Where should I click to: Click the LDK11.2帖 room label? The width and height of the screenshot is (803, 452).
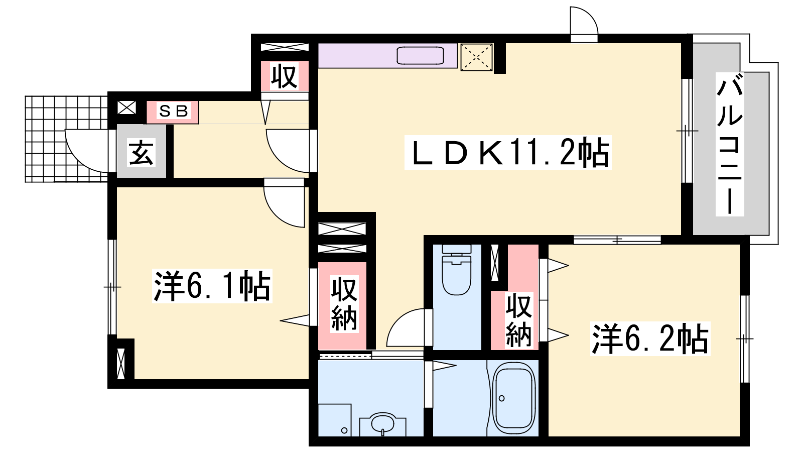coord(508,153)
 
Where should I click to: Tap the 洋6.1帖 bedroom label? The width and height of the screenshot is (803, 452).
coord(212,286)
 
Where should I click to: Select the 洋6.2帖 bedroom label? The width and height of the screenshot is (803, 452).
coord(650,339)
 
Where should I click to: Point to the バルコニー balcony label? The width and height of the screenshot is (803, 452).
coord(729,145)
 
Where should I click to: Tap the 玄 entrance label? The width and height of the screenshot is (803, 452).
coord(142,152)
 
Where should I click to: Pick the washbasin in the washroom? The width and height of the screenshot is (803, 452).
coord(383,424)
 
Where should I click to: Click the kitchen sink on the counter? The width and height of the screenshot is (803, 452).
coord(421,56)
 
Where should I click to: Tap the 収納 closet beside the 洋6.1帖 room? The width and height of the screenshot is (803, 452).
coord(344,304)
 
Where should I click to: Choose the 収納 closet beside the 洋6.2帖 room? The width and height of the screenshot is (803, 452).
coord(518,320)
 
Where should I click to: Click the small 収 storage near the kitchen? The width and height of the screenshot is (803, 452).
coord(284,76)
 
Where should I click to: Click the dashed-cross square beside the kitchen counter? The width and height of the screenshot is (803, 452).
coord(476,56)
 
